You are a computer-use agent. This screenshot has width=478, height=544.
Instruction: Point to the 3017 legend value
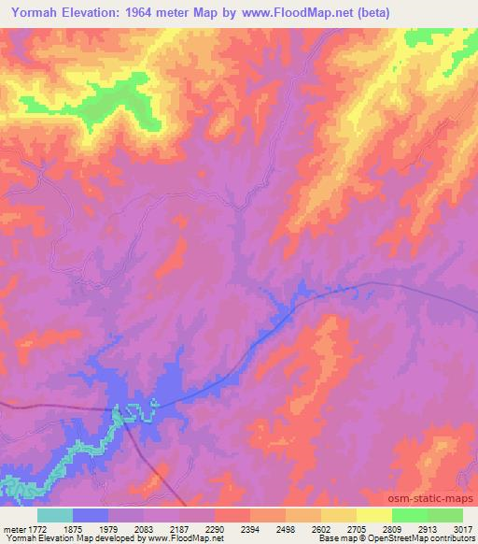coord(464,527)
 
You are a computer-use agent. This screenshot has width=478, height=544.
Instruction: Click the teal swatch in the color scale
coord(55,515)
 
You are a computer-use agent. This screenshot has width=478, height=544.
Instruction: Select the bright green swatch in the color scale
coord(410,515)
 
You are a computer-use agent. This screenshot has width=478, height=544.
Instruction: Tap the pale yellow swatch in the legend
coord(374,515)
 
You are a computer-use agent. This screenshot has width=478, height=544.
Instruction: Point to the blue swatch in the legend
coord(91,515)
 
